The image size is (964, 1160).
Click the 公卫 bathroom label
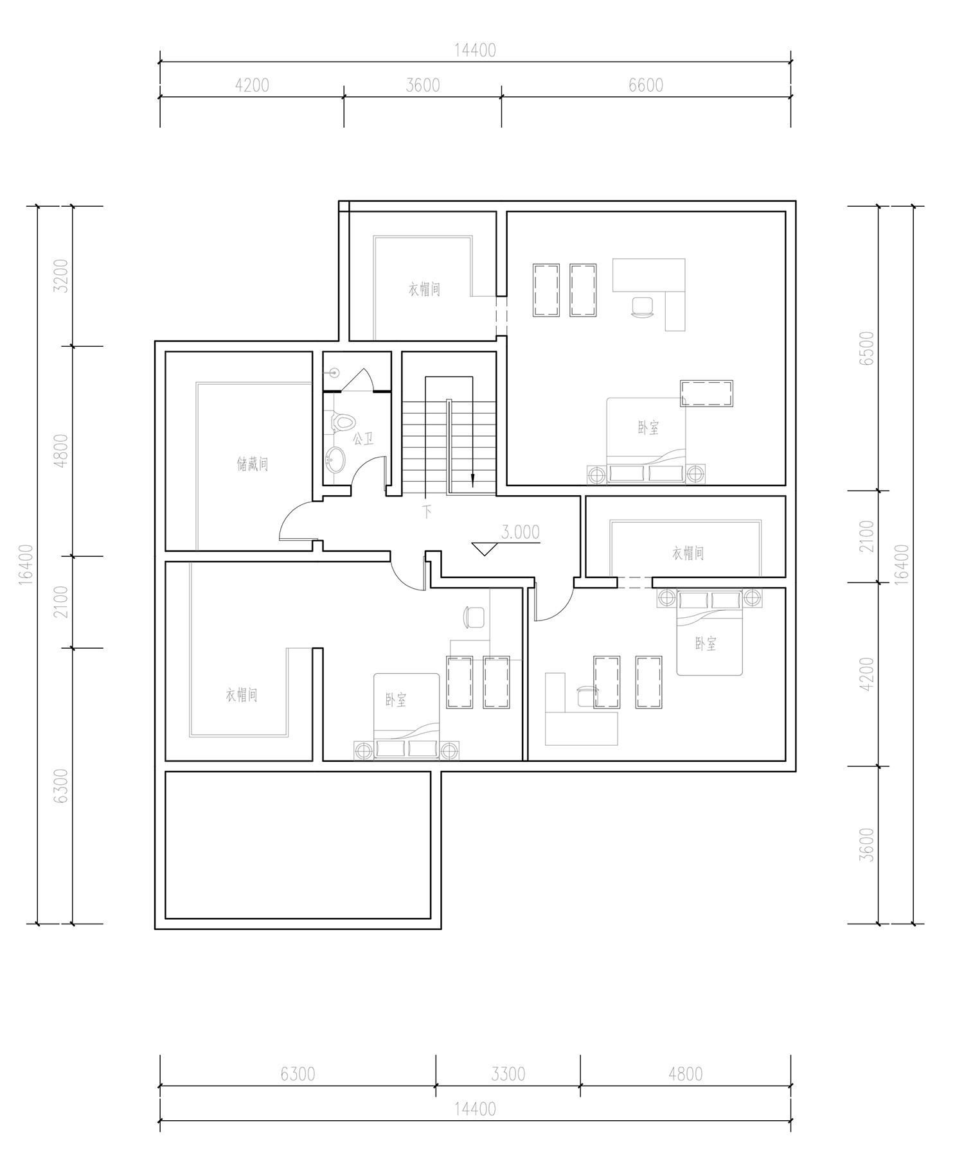[363, 439]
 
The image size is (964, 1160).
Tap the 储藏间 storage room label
[253, 463]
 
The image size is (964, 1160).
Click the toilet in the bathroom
[343, 422]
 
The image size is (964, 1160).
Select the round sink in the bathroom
[335, 460]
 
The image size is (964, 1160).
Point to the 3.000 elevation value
[521, 532]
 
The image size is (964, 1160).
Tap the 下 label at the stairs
[427, 512]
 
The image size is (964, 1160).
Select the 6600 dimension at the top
[646, 85]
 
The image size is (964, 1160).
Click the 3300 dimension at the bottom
[508, 1073]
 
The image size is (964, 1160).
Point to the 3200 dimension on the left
[60, 276]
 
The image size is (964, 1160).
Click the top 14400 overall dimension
[476, 50]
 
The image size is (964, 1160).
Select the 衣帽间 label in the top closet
[425, 289]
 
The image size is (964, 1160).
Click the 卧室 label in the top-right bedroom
[648, 427]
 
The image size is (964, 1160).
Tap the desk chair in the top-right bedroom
[643, 306]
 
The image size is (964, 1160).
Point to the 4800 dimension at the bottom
[686, 1073]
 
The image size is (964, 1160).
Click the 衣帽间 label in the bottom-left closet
[242, 695]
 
